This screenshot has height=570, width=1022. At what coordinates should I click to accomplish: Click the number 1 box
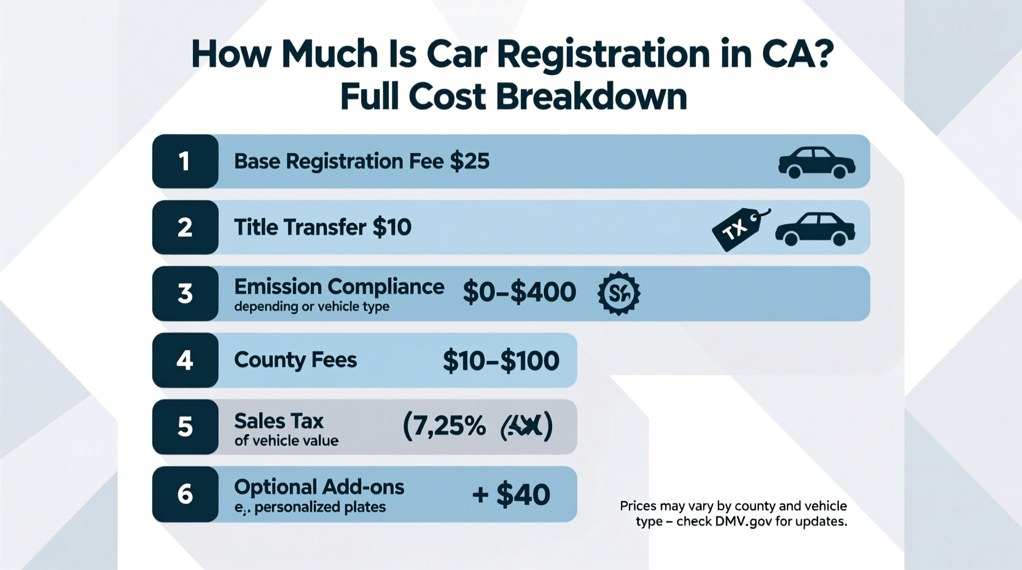[185, 162]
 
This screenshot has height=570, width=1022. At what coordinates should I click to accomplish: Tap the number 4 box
[185, 360]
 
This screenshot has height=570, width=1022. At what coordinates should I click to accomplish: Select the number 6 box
[185, 494]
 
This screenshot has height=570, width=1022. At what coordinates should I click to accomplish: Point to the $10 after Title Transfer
[392, 227]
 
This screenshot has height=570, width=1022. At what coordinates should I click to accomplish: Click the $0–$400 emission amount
[519, 292]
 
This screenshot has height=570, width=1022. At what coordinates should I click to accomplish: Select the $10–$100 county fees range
[501, 361]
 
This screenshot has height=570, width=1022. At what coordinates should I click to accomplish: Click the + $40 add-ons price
[511, 494]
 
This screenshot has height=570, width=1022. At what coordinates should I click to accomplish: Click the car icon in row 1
[816, 163]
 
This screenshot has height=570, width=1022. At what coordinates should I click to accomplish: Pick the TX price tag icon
[739, 229]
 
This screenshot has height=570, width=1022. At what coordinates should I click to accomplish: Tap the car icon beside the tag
[814, 229]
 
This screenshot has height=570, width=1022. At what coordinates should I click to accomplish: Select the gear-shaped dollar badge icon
[618, 294]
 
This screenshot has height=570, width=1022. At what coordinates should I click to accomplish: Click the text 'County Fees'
[295, 360]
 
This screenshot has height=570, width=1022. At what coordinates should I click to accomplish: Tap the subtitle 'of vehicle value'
[286, 441]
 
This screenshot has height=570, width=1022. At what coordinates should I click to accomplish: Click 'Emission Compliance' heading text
[339, 287]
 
